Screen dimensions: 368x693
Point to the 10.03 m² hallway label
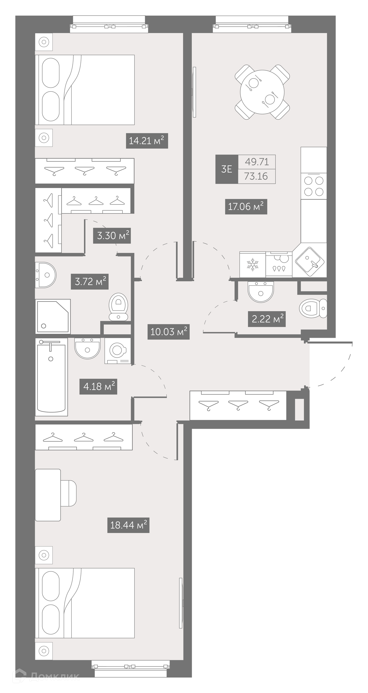point(168,332)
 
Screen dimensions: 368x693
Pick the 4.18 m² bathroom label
point(98,387)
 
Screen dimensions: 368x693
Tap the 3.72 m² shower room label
point(90,282)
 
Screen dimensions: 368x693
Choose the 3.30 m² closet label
point(112,236)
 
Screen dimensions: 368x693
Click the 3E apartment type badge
point(227,169)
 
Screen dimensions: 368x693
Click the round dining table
point(262,92)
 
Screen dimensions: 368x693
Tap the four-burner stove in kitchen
point(314,186)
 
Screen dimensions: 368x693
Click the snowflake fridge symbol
point(252,264)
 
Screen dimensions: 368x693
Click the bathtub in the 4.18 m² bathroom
point(51,377)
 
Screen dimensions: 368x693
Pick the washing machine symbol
point(118,351)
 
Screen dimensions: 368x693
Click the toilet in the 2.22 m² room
point(313,308)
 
